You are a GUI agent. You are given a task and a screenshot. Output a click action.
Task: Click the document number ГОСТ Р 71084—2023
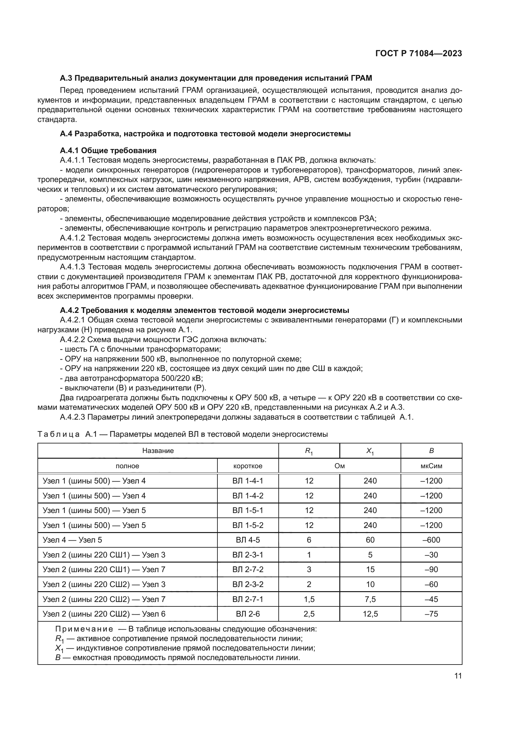click(x=418, y=54)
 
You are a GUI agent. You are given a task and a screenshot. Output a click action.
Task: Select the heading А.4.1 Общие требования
click(x=108, y=151)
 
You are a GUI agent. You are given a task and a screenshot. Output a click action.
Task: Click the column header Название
click(x=158, y=451)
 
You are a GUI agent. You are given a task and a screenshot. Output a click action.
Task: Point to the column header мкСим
click(x=431, y=466)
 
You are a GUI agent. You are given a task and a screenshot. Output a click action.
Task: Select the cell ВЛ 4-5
click(x=248, y=540)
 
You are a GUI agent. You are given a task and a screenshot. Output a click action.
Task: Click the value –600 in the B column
click(x=431, y=540)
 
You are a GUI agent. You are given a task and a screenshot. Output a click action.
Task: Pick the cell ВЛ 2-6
click(x=248, y=614)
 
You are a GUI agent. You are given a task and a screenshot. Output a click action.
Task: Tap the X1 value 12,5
click(x=370, y=614)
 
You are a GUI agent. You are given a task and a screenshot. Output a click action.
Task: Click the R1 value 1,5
click(x=309, y=599)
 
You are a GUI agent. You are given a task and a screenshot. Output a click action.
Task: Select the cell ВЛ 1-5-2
click(x=248, y=525)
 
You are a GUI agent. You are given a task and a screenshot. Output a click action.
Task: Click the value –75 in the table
click(x=431, y=614)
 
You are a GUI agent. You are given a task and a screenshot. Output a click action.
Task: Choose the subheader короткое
click(x=248, y=466)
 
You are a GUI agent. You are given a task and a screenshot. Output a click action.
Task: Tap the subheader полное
click(x=127, y=466)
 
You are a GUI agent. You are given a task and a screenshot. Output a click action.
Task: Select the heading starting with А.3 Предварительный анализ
click(x=216, y=78)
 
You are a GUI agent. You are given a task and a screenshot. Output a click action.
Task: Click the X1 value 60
click(x=370, y=540)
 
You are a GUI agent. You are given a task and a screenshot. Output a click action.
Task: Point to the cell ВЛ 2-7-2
click(x=248, y=570)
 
